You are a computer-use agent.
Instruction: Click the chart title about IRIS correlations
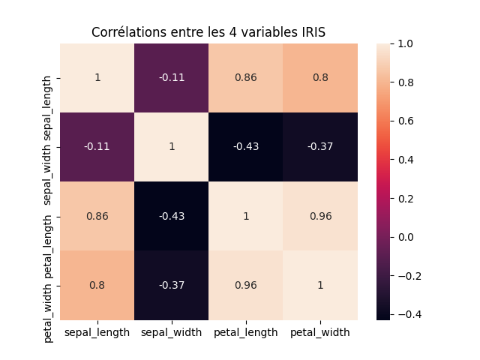coord(208,32)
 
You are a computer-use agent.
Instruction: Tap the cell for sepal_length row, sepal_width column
coord(172,78)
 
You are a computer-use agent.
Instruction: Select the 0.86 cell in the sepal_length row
coord(246,78)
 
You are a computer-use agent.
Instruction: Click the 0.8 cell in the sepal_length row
coord(320,78)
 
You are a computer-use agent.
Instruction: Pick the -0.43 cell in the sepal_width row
coord(246,147)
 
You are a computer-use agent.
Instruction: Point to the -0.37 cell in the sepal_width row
coord(320,147)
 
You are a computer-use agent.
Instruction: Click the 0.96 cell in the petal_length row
coord(320,216)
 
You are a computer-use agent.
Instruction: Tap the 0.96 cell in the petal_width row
coord(246,285)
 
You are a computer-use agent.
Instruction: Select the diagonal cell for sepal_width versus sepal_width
coord(172,147)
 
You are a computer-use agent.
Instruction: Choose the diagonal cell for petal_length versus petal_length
coord(246,216)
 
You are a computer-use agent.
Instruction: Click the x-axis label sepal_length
coord(97,332)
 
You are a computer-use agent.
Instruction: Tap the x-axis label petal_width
coord(320,332)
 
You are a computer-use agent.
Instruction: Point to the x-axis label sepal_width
coord(172,332)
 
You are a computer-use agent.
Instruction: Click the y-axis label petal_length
coord(49,216)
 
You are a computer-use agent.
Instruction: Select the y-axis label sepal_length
coord(49,78)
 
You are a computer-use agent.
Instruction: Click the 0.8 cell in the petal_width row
coord(97,285)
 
